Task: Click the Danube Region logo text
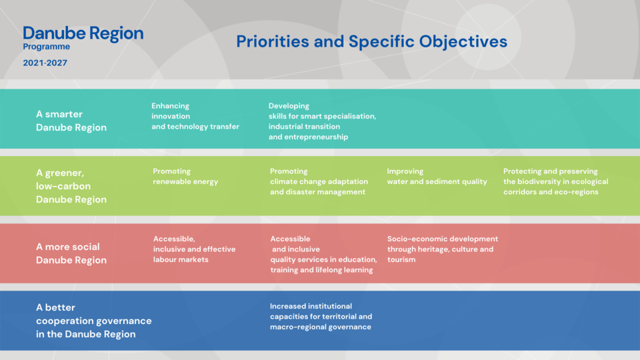83,33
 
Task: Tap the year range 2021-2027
45,63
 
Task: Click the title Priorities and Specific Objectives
371,41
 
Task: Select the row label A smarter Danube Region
71,121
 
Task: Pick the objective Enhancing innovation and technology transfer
195,116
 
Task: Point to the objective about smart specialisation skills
322,121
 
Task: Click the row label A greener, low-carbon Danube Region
71,186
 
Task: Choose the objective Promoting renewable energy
185,176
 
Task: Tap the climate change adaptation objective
319,181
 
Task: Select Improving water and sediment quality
437,176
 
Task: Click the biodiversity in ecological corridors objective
555,181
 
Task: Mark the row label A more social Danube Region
71,253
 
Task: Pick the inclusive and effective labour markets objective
194,249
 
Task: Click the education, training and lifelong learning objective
323,254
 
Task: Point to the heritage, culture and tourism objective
443,249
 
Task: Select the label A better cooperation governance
93,321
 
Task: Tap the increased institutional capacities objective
321,316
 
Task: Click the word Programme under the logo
46,47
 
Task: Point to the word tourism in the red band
401,259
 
